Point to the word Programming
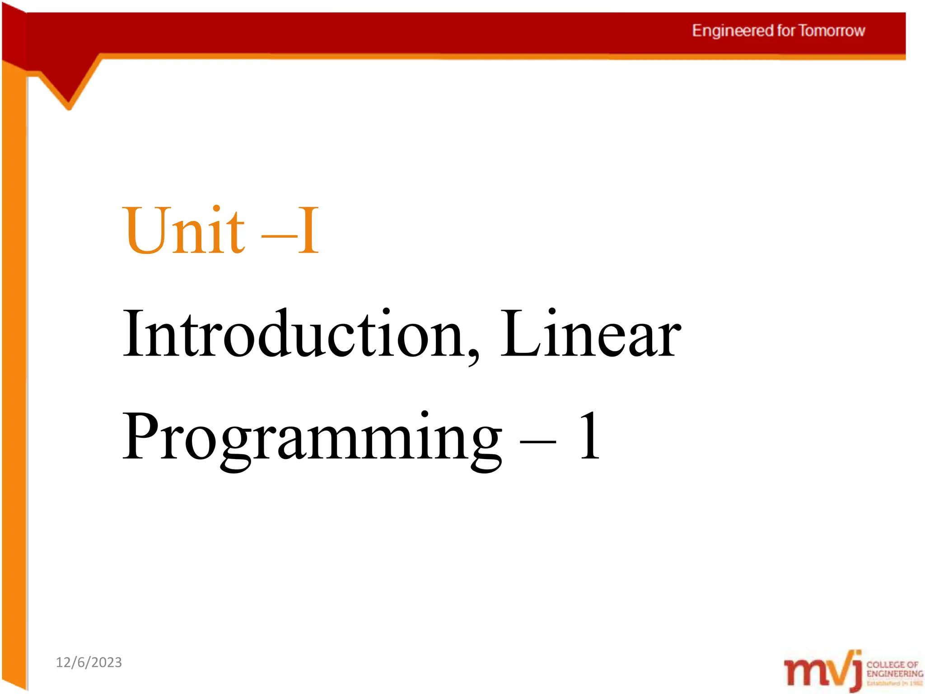coord(312,438)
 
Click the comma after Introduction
coord(473,357)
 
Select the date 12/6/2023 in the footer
coord(89,662)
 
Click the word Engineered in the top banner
coord(733,31)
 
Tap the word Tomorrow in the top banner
coord(832,31)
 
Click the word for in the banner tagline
coord(786,31)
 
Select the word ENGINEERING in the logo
coord(895,674)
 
